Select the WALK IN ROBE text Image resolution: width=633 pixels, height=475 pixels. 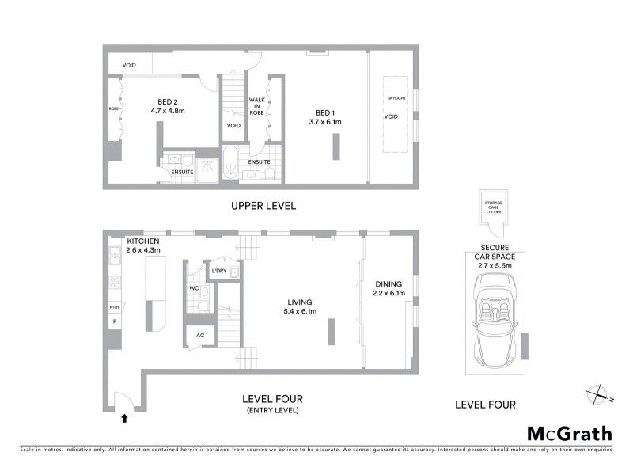pyautogui.click(x=257, y=106)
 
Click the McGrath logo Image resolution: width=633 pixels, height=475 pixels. pyautogui.click(x=570, y=433)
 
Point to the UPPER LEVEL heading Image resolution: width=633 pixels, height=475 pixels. pyautogui.click(x=263, y=206)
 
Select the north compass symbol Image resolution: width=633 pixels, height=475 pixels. pyautogui.click(x=596, y=393)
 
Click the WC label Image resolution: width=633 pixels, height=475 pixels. pyautogui.click(x=194, y=288)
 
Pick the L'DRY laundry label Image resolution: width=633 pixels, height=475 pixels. pyautogui.click(x=219, y=272)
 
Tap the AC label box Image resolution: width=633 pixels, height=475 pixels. pyautogui.click(x=199, y=335)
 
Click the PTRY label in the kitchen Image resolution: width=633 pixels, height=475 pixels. pyautogui.click(x=114, y=307)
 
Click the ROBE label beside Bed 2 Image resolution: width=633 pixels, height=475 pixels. pyautogui.click(x=113, y=108)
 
